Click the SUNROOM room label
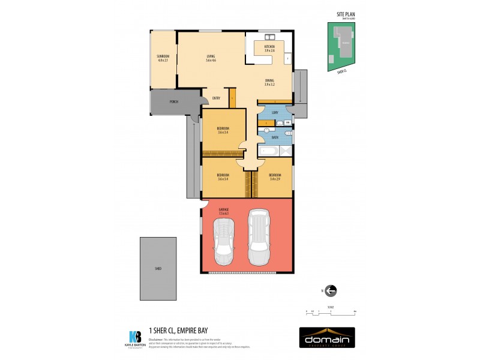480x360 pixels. pyautogui.click(x=163, y=56)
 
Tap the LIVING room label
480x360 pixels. pyautogui.click(x=211, y=56)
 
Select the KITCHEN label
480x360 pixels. pyautogui.click(x=269, y=47)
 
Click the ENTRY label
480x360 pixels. pyautogui.click(x=216, y=98)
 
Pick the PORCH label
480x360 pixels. pyautogui.click(x=173, y=102)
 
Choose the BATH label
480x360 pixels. pyautogui.click(x=275, y=137)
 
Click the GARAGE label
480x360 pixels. pyautogui.click(x=224, y=209)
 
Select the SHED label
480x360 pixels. pyautogui.click(x=158, y=268)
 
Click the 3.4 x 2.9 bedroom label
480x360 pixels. pyautogui.click(x=275, y=175)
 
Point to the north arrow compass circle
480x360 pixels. pyautogui.click(x=331, y=291)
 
